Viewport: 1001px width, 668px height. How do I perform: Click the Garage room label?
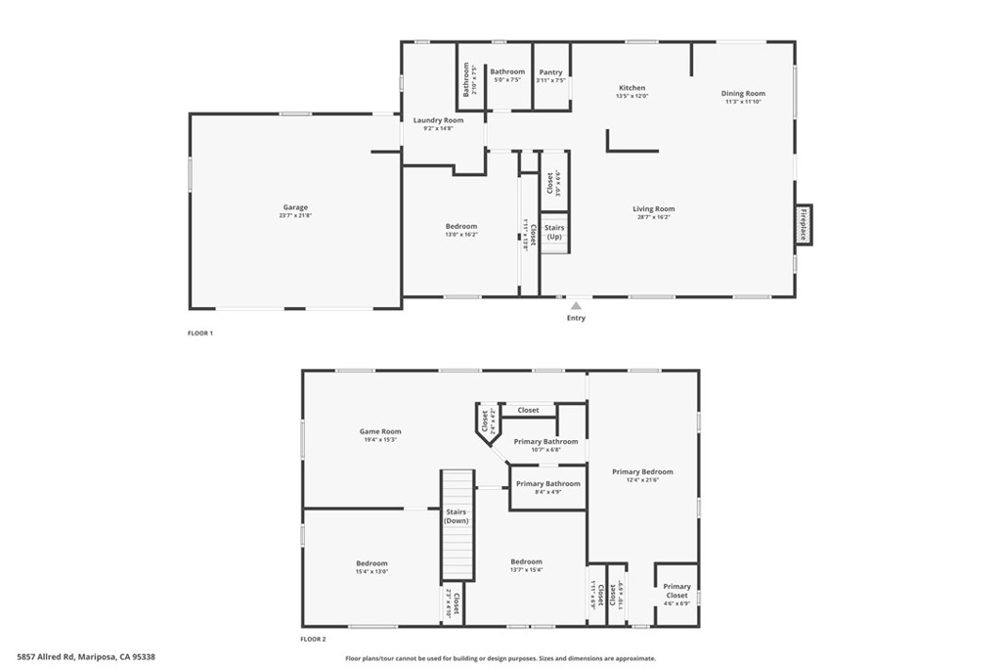tap(295, 207)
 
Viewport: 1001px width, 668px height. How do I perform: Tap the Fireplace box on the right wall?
tap(803, 225)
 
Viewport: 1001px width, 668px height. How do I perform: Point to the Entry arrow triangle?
tap(576, 306)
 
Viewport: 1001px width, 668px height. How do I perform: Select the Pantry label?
tap(550, 72)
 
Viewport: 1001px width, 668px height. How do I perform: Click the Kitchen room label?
tap(631, 88)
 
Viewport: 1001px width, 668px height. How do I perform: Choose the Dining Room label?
tap(743, 94)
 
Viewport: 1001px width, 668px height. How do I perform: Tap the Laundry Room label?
tap(438, 120)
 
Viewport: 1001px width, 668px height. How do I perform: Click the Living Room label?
tap(653, 208)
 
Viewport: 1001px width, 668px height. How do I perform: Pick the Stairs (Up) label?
tap(554, 232)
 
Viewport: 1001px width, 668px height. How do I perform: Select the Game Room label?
tap(380, 431)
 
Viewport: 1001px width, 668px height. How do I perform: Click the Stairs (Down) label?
tap(457, 516)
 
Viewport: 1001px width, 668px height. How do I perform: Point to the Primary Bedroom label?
tap(642, 471)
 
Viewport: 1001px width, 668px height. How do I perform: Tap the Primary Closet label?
tap(676, 591)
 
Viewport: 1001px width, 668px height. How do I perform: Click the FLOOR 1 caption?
tap(199, 334)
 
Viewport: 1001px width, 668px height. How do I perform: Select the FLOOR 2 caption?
tap(313, 639)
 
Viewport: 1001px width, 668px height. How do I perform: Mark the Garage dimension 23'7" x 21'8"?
tap(295, 215)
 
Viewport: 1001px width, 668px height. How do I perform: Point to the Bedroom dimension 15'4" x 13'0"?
tap(371, 571)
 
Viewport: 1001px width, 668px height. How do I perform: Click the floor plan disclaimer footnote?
tap(500, 658)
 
